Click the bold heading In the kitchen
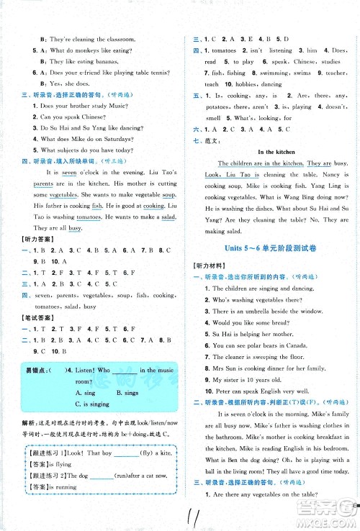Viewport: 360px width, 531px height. tap(272, 152)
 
